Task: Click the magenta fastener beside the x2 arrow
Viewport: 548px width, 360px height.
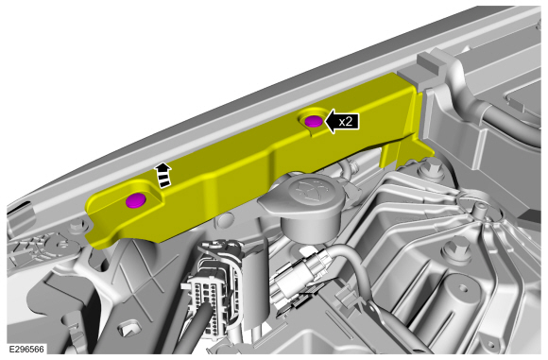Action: [314, 122]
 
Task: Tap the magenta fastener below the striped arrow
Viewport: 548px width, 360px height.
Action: [136, 200]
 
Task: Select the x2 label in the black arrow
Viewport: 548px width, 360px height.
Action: [345, 122]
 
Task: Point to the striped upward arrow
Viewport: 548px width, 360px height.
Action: [163, 175]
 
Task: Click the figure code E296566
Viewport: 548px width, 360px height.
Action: [26, 350]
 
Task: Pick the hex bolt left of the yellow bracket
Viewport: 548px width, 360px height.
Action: [76, 228]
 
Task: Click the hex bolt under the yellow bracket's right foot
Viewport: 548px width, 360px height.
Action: [425, 168]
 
